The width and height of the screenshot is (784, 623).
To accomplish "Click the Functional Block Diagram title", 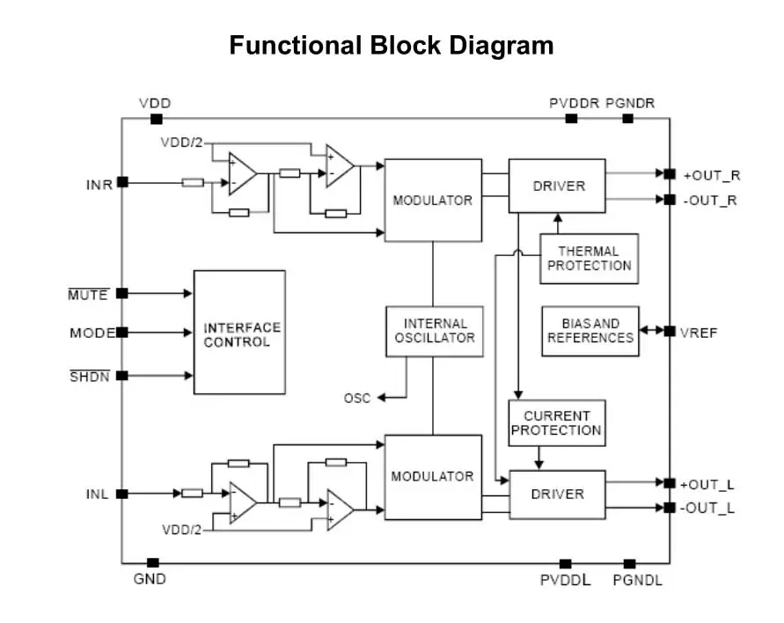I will point(392,45).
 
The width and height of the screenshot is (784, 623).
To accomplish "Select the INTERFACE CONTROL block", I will point(239,333).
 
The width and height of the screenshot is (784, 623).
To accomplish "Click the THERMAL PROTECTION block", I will point(589,259).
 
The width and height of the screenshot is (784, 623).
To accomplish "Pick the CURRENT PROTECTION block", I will point(556,423).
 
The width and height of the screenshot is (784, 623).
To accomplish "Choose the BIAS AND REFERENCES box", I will point(590,331).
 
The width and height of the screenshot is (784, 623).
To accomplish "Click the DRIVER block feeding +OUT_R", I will point(557,186).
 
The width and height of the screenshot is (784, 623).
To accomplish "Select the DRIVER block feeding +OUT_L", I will point(557,494).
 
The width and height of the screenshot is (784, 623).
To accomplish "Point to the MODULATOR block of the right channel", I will point(433,200).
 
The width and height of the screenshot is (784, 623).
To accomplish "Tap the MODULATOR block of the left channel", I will point(433,477).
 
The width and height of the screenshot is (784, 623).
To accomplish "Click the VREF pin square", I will point(670,332).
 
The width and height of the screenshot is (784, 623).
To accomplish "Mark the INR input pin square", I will point(122,182).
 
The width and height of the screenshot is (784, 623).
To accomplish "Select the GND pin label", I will point(150,580).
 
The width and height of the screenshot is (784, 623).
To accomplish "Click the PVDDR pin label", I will point(574,103).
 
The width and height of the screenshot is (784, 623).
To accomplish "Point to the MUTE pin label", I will point(88,295).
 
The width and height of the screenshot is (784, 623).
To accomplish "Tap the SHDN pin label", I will point(88,377).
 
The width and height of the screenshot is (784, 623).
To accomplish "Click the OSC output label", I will point(357,399).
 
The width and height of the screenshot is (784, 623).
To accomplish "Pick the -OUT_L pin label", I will point(709,508).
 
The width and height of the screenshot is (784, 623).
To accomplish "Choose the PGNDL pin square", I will point(630,563).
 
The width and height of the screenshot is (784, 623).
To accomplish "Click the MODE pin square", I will point(122,333).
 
